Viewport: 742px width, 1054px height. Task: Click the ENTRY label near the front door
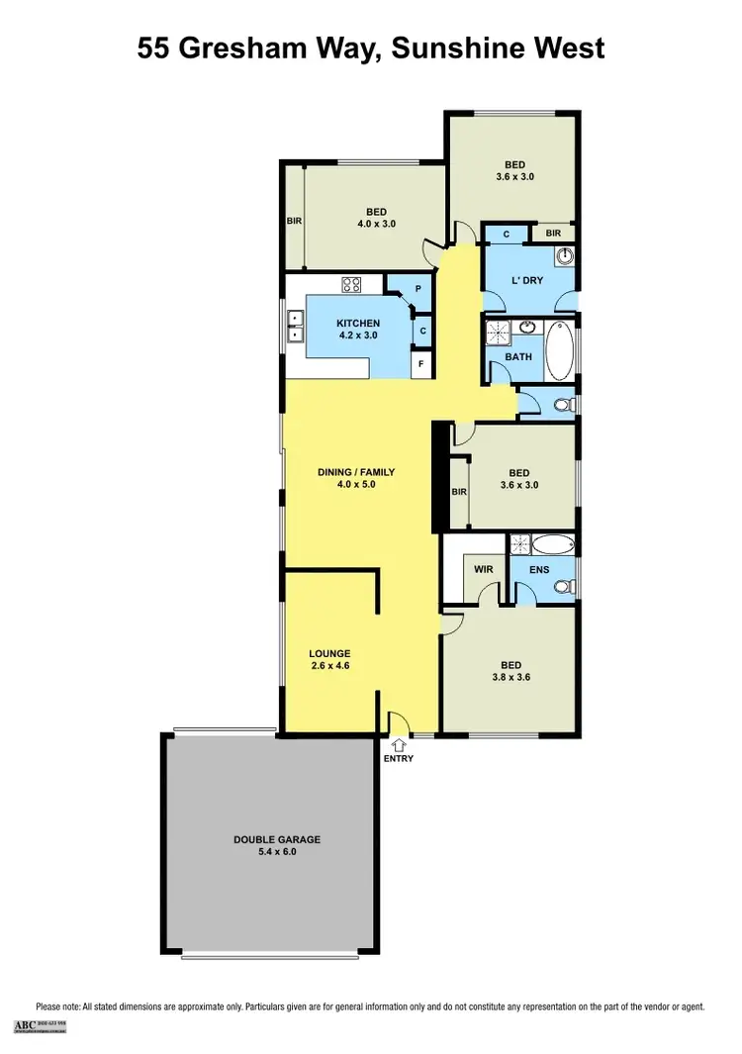[399, 759]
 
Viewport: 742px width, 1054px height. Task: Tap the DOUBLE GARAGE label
[277, 839]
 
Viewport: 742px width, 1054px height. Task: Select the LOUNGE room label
[329, 653]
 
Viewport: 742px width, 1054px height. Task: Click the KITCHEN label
[357, 324]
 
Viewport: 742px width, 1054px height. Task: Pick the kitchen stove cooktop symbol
[351, 285]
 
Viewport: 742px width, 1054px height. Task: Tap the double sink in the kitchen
[294, 326]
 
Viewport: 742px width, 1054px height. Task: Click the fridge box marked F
[422, 364]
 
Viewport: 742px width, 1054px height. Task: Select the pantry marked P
[418, 289]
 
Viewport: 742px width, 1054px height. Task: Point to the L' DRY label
[527, 281]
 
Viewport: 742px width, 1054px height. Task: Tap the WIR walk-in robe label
[484, 570]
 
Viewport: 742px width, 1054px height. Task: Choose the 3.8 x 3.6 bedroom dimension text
[510, 679]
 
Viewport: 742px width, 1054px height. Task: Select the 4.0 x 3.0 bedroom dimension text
[376, 224]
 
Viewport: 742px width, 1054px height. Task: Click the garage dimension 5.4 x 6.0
[277, 852]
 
